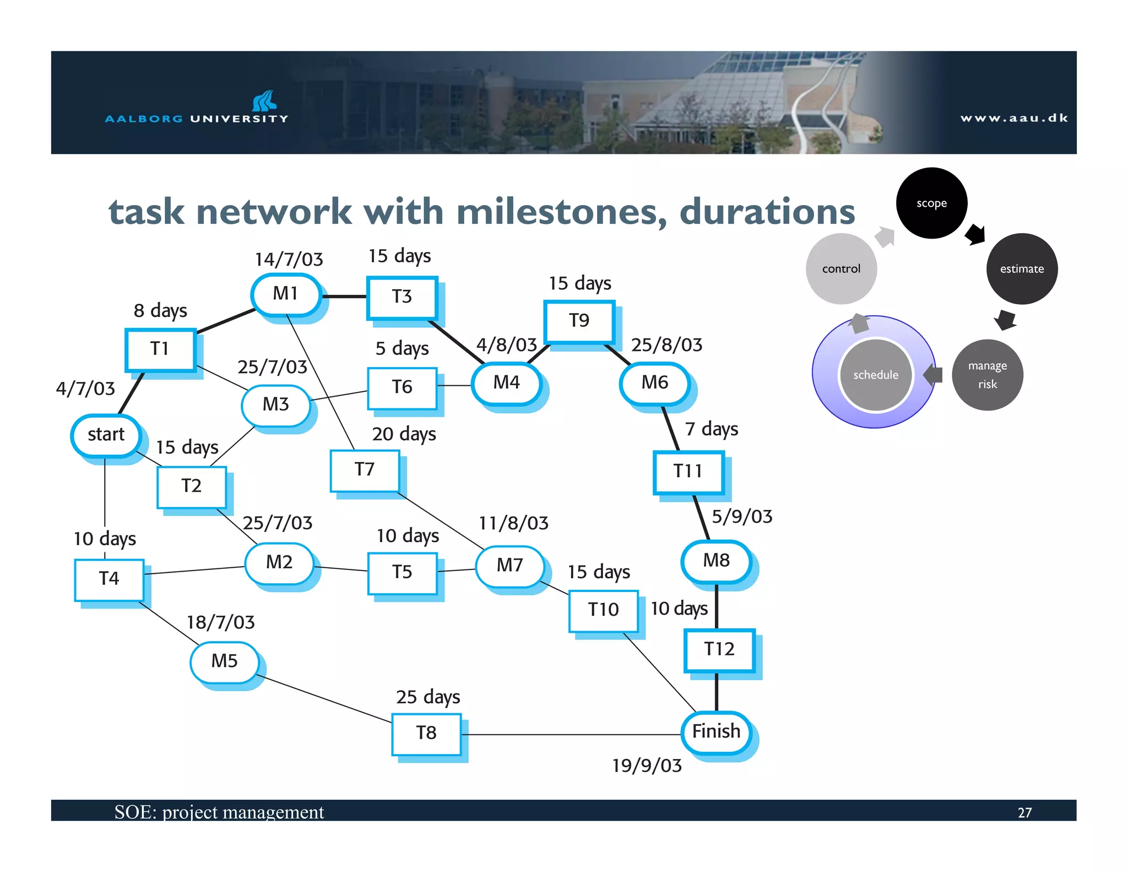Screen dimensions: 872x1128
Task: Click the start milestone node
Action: click(106, 435)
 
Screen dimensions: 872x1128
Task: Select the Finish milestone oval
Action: click(716, 731)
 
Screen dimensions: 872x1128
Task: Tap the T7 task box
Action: click(365, 470)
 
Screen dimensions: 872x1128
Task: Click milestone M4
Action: click(506, 383)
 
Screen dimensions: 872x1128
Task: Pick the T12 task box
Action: click(719, 649)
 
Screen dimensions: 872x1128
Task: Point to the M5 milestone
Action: click(224, 661)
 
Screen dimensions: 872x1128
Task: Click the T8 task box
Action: click(426, 733)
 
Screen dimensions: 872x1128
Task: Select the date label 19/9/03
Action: click(647, 766)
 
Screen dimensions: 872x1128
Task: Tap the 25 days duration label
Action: click(428, 697)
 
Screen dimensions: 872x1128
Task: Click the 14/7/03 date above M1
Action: click(289, 260)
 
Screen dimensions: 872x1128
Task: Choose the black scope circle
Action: click(931, 203)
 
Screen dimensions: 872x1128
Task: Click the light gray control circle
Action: click(841, 269)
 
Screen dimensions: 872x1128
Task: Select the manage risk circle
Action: click(987, 375)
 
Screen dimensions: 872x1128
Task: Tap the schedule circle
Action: click(875, 375)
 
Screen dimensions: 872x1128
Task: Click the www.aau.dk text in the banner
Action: click(1014, 118)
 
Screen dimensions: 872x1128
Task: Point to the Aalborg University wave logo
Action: click(264, 100)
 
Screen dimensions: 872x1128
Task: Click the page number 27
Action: click(1024, 813)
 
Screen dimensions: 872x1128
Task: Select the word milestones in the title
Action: click(562, 212)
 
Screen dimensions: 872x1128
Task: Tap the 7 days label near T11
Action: click(711, 429)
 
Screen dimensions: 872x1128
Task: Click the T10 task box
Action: click(603, 610)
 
